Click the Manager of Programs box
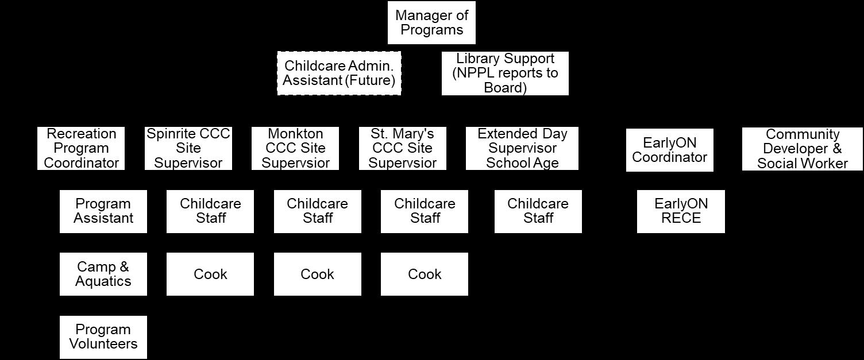[x=431, y=23]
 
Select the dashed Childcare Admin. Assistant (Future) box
[x=339, y=73]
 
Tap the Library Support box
[x=505, y=73]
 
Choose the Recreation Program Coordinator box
[x=81, y=149]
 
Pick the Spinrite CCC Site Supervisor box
[x=188, y=149]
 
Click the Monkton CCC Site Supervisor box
[x=295, y=149]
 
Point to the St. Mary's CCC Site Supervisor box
[x=402, y=149]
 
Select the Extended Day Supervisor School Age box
[x=522, y=149]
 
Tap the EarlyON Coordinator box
[x=669, y=150]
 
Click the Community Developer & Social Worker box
[x=802, y=149]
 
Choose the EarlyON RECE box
[x=681, y=211]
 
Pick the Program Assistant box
[x=103, y=211]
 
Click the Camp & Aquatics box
[x=103, y=274]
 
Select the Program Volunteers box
[x=103, y=337]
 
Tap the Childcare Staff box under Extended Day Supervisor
[x=538, y=211]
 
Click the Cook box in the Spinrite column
[x=210, y=274]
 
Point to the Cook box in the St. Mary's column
[x=425, y=274]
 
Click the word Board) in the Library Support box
[x=505, y=88]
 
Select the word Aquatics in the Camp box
[x=103, y=281]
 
